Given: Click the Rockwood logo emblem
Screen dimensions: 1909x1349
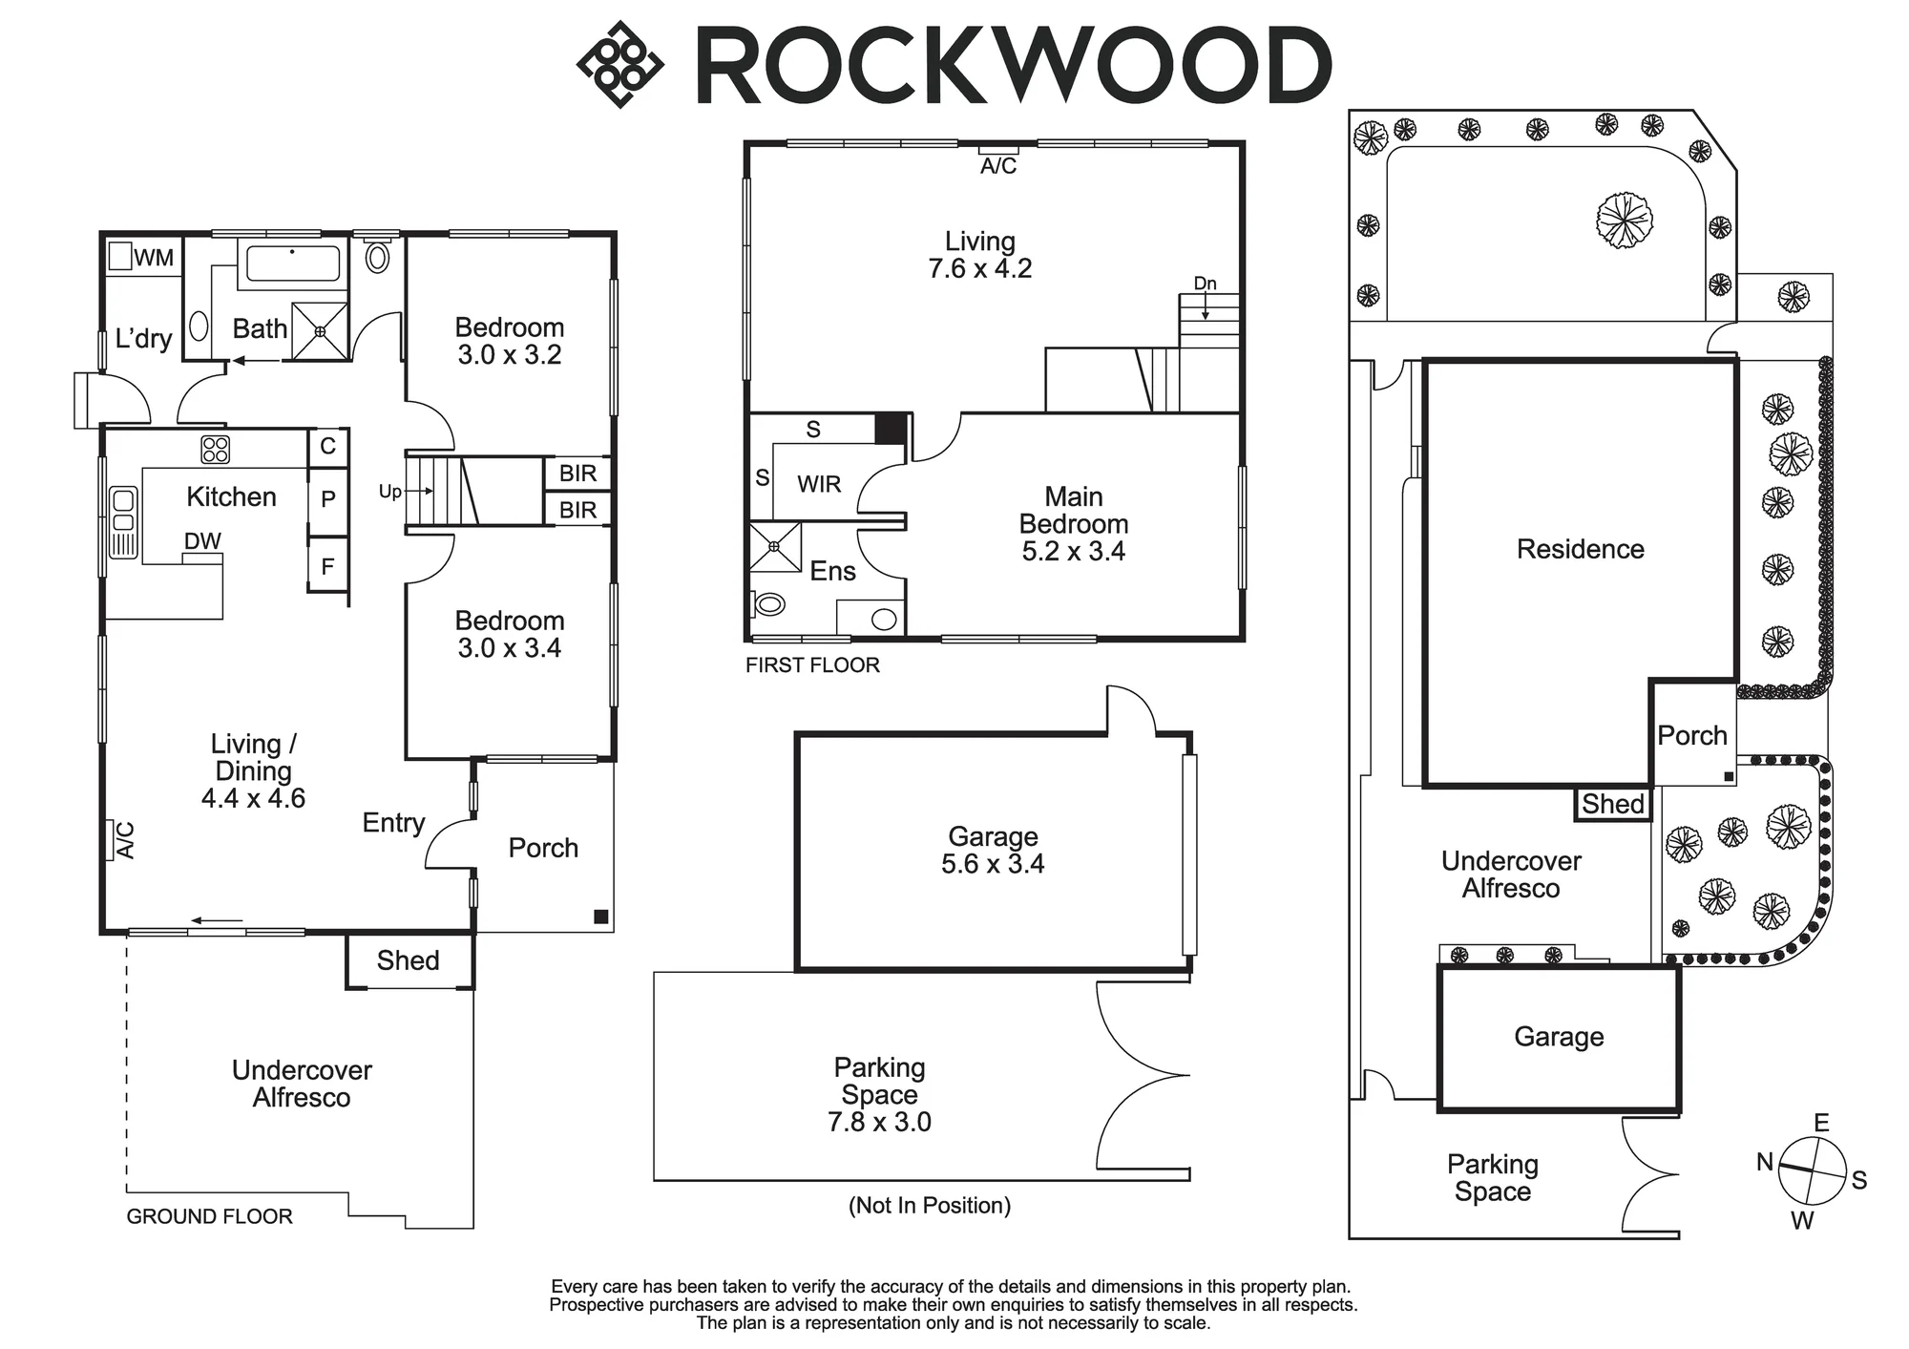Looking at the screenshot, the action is click(x=620, y=64).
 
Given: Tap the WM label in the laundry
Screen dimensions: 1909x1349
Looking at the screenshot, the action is click(x=154, y=258).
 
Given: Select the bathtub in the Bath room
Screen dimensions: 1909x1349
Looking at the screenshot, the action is click(x=293, y=263).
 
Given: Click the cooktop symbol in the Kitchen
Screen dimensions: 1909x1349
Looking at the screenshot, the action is click(x=215, y=449).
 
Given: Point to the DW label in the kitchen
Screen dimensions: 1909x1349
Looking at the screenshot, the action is click(x=202, y=541).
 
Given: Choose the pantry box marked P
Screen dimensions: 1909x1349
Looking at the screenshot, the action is click(x=327, y=498).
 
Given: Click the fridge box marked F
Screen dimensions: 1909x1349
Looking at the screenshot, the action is click(x=327, y=567).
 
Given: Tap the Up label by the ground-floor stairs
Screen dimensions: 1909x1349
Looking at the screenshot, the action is click(x=389, y=493).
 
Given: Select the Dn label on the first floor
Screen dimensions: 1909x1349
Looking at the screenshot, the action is click(x=1206, y=284).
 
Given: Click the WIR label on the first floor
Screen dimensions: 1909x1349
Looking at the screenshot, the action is click(x=819, y=484).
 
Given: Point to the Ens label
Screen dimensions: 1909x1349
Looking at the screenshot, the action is click(x=832, y=571).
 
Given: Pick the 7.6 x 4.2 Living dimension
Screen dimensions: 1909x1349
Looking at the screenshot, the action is click(x=980, y=268).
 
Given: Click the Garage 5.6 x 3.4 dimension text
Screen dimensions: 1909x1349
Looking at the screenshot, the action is click(x=993, y=864).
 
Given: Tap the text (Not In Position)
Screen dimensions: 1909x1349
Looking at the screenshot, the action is click(x=930, y=1205).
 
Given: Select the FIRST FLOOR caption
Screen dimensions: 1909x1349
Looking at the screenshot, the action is click(x=812, y=665).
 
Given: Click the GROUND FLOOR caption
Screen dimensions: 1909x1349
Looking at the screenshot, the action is click(x=210, y=1216).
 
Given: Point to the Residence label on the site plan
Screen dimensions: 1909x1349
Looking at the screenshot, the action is click(x=1581, y=549).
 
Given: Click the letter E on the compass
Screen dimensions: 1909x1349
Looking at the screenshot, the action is click(x=1821, y=1123).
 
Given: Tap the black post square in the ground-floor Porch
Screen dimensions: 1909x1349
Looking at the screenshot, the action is click(x=601, y=917).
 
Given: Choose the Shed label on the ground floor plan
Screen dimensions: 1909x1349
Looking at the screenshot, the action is click(x=408, y=960).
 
